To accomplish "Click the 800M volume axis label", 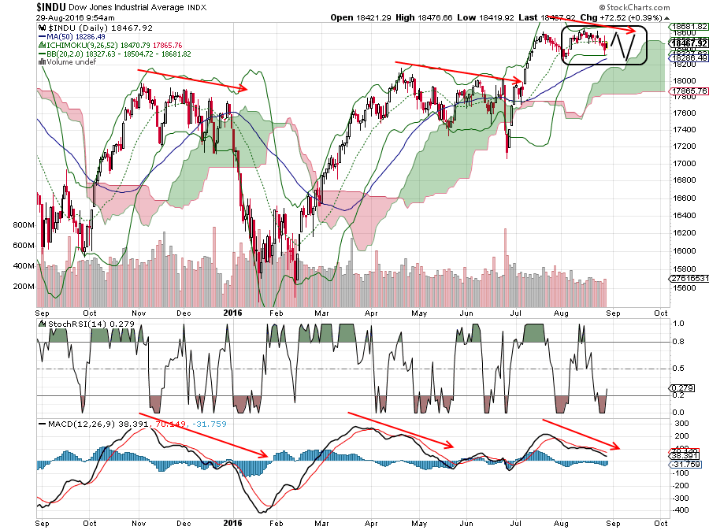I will pos(23,225).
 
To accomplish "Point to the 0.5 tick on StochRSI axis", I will pos(676,369).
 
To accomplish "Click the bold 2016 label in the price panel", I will pos(232,312).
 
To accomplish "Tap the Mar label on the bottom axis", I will pos(321,521).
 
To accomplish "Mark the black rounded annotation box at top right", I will pos(604,46).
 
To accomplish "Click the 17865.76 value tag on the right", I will pos(689,91).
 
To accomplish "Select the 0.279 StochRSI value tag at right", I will pos(683,388).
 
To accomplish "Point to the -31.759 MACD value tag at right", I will pos(686,464).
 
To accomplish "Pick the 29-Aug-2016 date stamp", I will pos(58,17).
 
